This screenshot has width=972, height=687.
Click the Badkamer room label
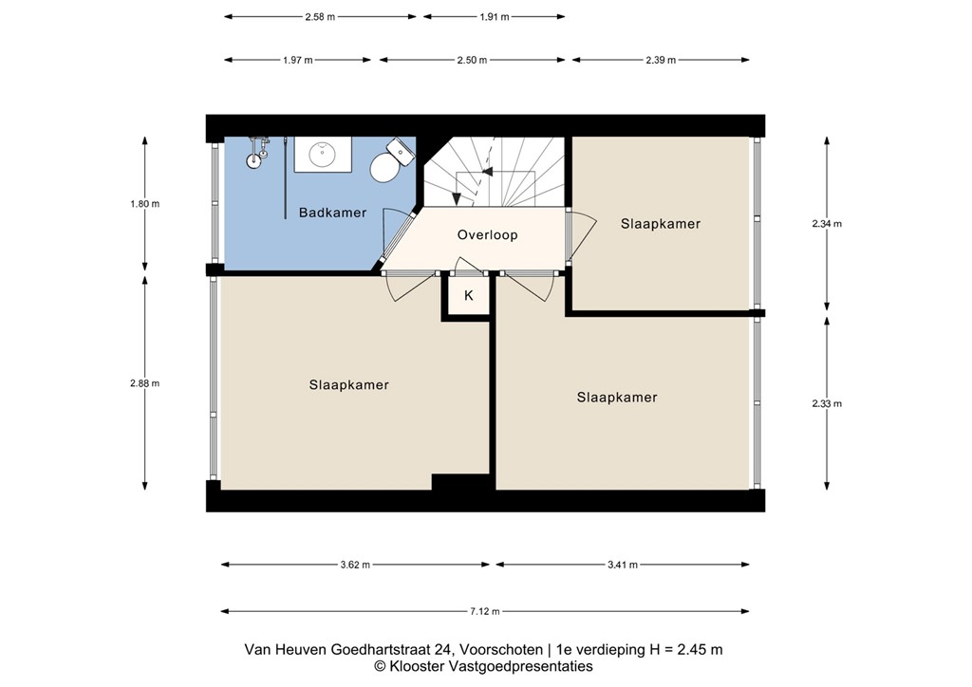332,213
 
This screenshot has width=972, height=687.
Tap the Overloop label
487,234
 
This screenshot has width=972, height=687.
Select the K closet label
468,296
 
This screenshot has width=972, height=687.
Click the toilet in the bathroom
388,163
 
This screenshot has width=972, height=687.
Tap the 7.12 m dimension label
484,612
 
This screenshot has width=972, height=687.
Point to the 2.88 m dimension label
145,383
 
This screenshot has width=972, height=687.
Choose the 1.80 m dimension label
145,204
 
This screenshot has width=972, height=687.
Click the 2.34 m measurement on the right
827,224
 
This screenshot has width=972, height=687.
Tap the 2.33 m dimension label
827,403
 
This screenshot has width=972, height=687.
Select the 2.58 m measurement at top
320,17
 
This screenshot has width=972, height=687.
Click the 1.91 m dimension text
494,17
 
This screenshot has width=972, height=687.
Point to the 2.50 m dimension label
472,60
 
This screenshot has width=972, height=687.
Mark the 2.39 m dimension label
661,60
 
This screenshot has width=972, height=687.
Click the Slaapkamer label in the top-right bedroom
661,224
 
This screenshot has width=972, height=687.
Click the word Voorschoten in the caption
501,650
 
